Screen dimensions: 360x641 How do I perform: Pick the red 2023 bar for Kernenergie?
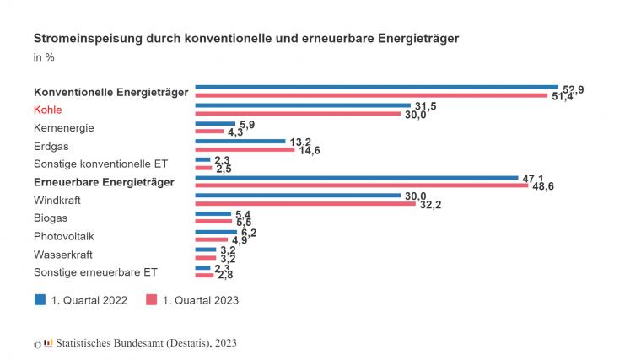[x=209, y=132]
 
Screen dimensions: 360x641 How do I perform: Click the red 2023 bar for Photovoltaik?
[x=211, y=239]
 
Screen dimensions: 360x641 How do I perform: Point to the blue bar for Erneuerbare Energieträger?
[x=357, y=177]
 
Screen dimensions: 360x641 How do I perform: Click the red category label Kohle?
[x=48, y=110]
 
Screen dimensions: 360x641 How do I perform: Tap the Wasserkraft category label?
[x=62, y=254]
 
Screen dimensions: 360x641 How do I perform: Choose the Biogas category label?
[x=51, y=218]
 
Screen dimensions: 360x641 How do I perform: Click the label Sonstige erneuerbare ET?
[x=94, y=272]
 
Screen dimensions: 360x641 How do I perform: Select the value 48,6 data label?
[x=542, y=185]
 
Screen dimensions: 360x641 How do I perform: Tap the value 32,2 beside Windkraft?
[x=428, y=204]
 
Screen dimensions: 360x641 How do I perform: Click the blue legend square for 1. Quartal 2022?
[x=40, y=299]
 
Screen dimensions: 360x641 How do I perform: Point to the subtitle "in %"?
[x=43, y=58]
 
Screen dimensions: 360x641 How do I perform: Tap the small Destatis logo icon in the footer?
[x=48, y=342]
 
